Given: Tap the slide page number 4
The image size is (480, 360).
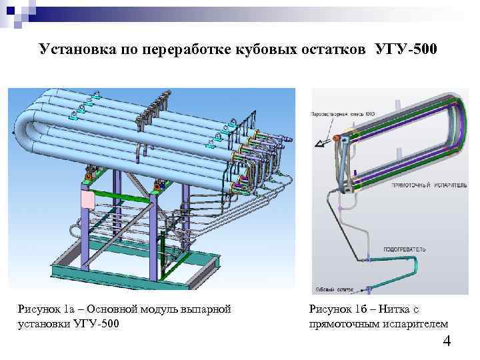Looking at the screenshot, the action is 447,343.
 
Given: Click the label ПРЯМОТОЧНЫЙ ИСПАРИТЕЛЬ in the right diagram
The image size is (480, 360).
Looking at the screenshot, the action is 427,184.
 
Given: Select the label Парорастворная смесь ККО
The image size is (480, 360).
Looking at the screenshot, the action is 342,114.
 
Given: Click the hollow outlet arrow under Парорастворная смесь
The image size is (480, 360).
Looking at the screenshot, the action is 323,141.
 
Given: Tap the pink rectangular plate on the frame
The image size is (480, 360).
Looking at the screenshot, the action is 88,199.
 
